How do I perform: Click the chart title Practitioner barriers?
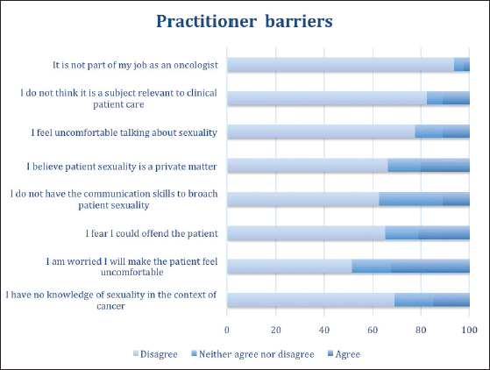point(245,21)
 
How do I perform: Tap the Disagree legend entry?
point(155,354)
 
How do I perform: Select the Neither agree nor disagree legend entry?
point(252,354)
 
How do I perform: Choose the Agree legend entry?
point(344,354)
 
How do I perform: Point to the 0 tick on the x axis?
point(227,330)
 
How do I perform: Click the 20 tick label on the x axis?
point(275,330)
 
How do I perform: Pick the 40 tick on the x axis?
point(324,330)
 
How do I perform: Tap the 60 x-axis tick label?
point(373,330)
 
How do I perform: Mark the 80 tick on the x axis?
point(421,330)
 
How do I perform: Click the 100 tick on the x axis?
point(469,330)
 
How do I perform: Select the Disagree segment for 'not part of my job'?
point(341,65)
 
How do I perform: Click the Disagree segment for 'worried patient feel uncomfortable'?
point(289,267)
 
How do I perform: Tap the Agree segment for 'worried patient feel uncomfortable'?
point(430,267)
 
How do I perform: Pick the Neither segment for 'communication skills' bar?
point(411,199)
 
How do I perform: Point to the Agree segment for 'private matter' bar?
point(445,166)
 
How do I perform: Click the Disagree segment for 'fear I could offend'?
point(306,233)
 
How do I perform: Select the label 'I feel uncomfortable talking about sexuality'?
point(124,132)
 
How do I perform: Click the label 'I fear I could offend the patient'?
point(152,233)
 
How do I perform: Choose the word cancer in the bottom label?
point(110,306)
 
